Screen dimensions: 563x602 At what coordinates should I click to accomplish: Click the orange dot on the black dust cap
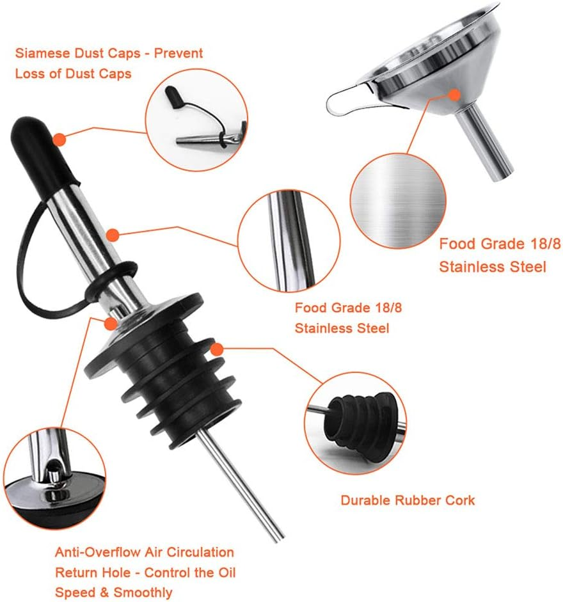click(59, 139)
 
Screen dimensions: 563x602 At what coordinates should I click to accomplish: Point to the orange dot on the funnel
click(455, 95)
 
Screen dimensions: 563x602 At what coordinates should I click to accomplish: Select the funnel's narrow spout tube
click(486, 143)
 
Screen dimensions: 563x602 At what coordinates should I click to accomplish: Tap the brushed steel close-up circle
click(398, 201)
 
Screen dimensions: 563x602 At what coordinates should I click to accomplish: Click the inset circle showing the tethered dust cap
click(196, 120)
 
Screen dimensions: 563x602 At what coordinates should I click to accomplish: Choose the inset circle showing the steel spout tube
click(289, 241)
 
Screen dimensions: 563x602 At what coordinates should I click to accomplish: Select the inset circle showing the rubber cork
click(355, 423)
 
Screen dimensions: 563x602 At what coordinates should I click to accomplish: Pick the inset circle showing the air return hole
click(54, 479)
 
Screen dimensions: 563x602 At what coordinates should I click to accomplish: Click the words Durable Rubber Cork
click(408, 500)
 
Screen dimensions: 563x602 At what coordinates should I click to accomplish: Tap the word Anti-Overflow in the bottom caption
click(98, 552)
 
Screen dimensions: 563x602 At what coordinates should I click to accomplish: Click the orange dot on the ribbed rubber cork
click(217, 349)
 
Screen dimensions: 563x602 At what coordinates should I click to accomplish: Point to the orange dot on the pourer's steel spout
click(112, 235)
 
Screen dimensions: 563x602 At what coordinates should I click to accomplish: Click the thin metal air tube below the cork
click(241, 484)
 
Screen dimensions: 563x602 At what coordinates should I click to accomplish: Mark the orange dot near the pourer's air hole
click(111, 323)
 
